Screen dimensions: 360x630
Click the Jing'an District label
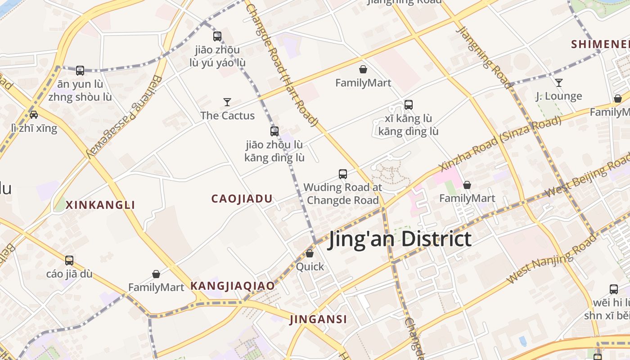pyautogui.click(x=400, y=239)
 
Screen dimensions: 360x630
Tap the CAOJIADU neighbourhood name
pyautogui.click(x=242, y=198)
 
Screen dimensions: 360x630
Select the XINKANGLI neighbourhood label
pyautogui.click(x=100, y=205)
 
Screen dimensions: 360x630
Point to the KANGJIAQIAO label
pyautogui.click(x=232, y=286)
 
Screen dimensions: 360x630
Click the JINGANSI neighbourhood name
pyautogui.click(x=318, y=319)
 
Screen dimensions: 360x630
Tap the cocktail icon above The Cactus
pyautogui.click(x=227, y=102)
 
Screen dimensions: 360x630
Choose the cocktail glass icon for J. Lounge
pyautogui.click(x=558, y=83)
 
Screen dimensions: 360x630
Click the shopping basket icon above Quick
pyautogui.click(x=310, y=253)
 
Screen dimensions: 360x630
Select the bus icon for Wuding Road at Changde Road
pyautogui.click(x=343, y=174)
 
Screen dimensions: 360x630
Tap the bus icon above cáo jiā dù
pyautogui.click(x=69, y=260)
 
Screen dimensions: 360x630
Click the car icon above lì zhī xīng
pyautogui.click(x=34, y=114)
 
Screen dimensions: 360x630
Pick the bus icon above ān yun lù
pyautogui.click(x=80, y=71)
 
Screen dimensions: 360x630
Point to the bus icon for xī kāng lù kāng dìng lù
pyautogui.click(x=409, y=105)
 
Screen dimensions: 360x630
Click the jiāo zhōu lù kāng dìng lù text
pyautogui.click(x=274, y=152)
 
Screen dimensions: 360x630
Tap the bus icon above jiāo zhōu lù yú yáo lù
pyautogui.click(x=217, y=36)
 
